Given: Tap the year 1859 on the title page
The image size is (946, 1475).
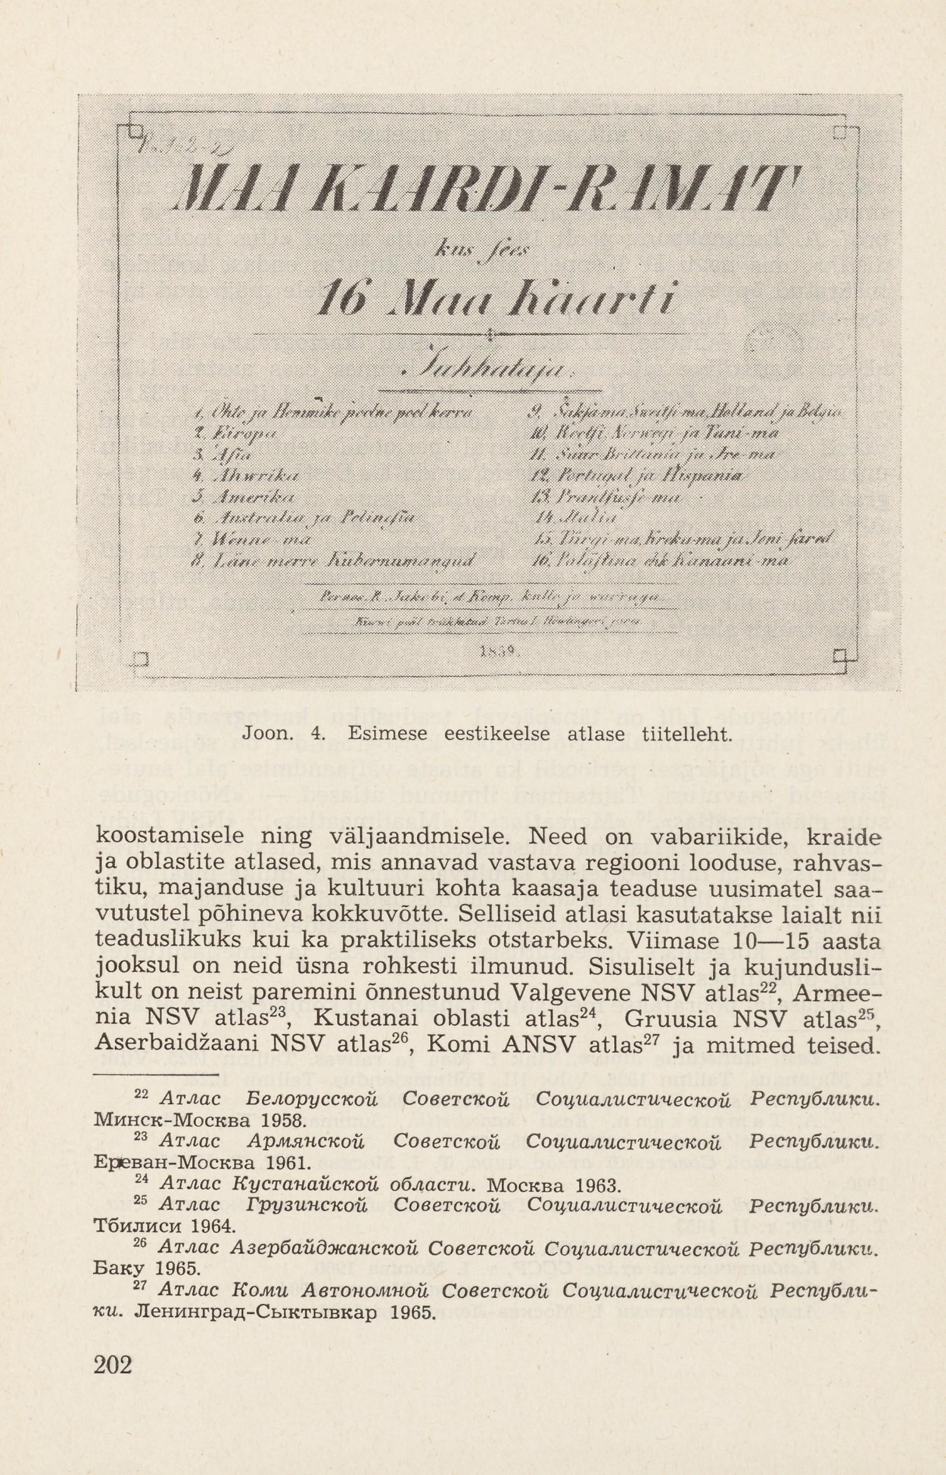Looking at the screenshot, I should [x=498, y=653].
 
